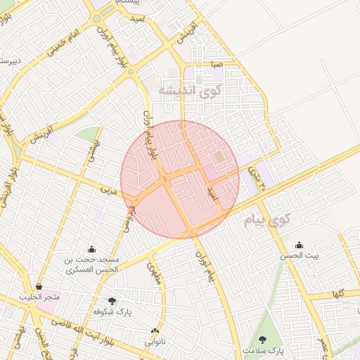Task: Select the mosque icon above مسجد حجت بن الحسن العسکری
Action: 91,249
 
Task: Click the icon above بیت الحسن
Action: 300,245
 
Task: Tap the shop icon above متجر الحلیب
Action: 39,287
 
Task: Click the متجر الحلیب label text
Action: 42,297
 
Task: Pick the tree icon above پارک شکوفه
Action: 112,301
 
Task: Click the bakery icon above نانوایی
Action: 155,331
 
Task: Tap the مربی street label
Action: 108,191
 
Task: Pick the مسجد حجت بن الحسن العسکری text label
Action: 93,264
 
